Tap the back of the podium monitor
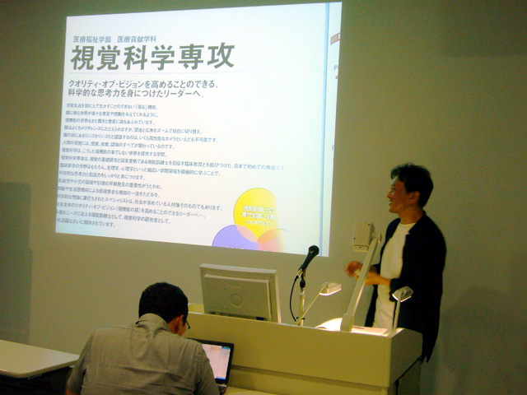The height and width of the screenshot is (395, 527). (240, 293)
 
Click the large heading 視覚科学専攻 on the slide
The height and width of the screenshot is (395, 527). (152, 57)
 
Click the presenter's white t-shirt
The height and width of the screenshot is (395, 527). (390, 272)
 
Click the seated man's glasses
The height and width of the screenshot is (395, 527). (188, 324)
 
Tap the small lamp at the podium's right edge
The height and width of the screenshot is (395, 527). (402, 294)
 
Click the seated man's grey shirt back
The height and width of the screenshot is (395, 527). (140, 362)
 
